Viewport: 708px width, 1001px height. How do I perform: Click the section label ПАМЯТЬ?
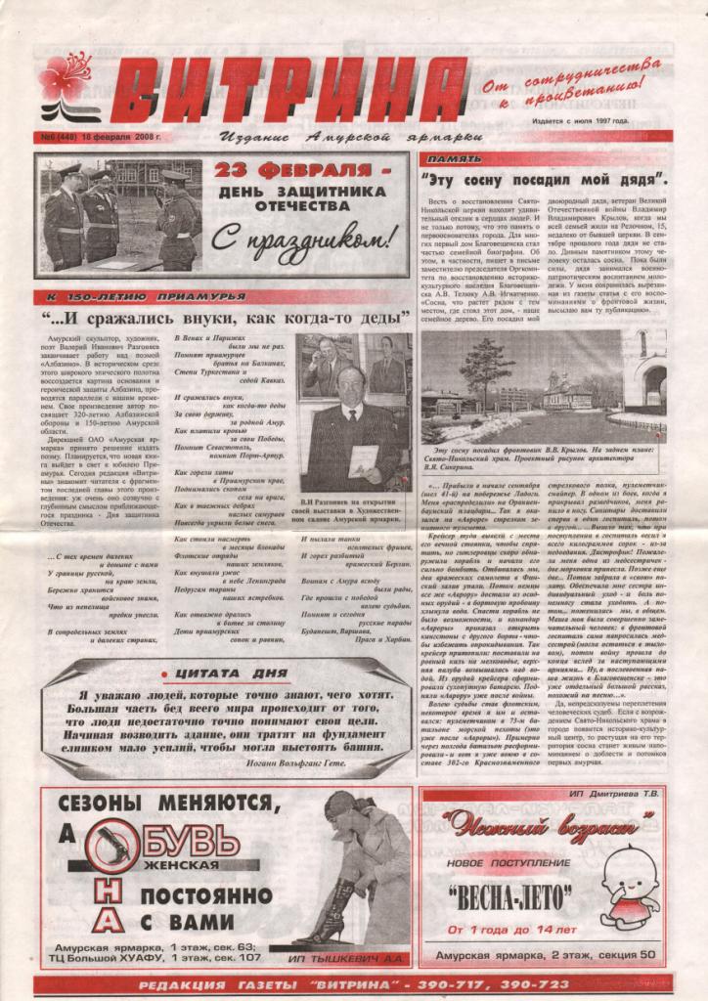(x=455, y=157)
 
